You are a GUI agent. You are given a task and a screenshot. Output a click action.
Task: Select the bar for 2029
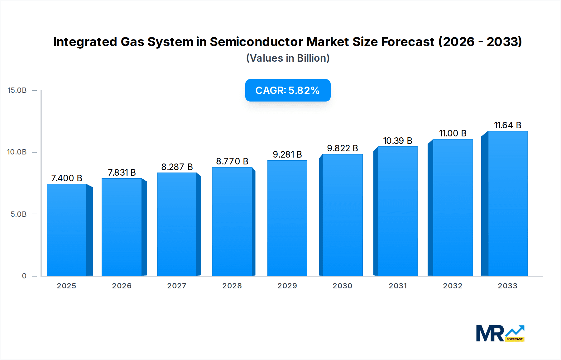287,218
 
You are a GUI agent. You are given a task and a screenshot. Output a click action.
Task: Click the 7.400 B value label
67,178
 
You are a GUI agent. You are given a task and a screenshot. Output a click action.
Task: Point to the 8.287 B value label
177,167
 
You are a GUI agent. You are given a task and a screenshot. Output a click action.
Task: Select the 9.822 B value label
342,148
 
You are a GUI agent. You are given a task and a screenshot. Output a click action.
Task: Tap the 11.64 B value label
507,125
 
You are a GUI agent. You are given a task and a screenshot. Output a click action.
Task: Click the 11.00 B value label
453,133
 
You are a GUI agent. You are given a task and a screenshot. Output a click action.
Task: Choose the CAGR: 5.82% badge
288,90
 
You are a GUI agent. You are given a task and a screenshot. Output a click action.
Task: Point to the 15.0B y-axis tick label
17,90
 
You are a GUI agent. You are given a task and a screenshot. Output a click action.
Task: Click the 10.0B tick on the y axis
17,152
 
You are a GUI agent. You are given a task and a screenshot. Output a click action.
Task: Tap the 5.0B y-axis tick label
19,214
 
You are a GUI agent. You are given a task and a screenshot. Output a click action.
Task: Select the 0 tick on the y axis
24,276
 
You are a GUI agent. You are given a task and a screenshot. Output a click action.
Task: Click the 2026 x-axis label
122,286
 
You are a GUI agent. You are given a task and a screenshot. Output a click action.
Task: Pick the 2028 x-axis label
232,286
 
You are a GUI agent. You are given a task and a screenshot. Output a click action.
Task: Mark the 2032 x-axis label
453,286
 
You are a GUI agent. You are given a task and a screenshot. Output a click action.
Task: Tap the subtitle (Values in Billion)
288,58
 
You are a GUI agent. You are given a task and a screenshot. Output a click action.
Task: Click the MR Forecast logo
500,333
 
